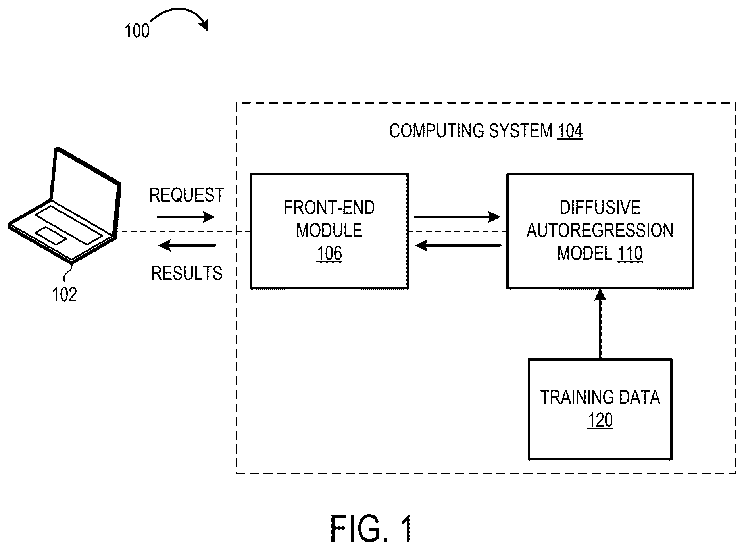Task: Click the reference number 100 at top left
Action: [137, 31]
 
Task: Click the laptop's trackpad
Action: [51, 235]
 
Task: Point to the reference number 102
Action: [64, 295]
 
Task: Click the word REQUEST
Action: [186, 195]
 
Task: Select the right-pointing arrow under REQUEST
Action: [186, 217]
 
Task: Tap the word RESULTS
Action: [186, 273]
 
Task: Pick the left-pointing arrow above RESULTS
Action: [187, 246]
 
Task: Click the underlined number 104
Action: [570, 131]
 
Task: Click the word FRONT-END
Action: [329, 208]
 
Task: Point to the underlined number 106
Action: [329, 254]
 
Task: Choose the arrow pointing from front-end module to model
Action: [457, 217]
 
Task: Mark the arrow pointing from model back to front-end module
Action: [458, 246]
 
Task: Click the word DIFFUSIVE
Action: [600, 208]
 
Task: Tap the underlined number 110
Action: [630, 254]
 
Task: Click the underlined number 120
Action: [600, 420]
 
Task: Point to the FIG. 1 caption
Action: [371, 529]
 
